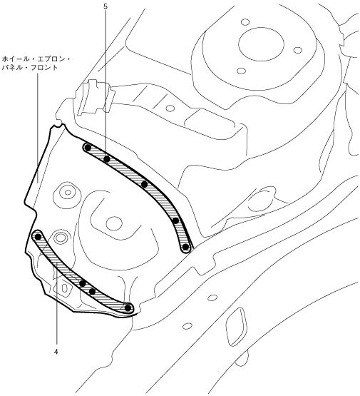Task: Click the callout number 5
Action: [106, 6]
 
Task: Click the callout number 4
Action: [56, 352]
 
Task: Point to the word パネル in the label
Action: [11, 68]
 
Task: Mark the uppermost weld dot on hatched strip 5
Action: [88, 148]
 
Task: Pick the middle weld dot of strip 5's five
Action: [144, 184]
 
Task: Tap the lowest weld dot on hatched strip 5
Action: [185, 247]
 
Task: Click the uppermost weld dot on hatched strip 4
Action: [38, 237]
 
